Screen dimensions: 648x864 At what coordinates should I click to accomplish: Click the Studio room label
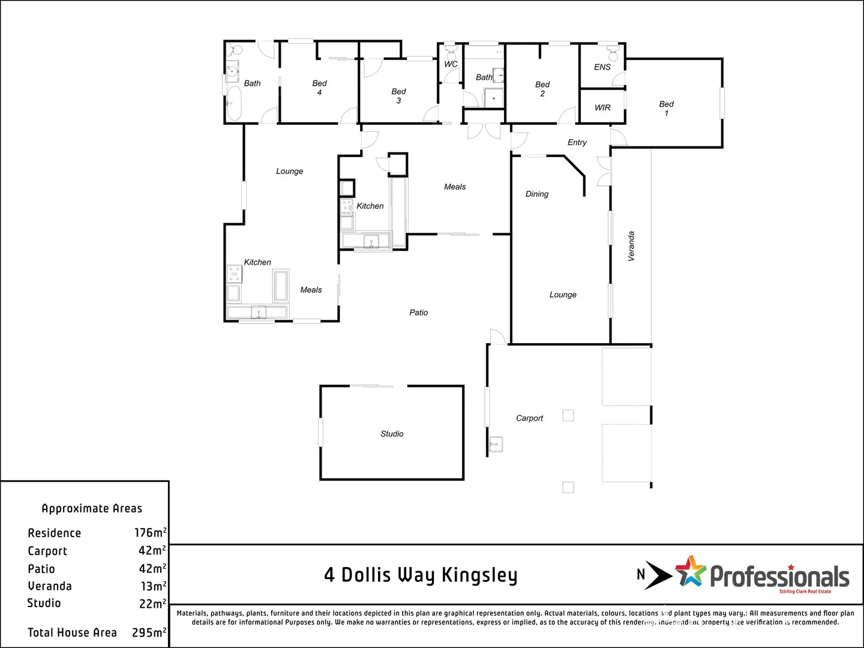pos(392,434)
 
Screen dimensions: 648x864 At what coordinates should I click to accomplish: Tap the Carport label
pos(529,418)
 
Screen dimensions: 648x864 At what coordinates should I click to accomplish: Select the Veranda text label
pos(631,246)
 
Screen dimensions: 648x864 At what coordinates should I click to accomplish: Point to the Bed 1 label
pos(666,109)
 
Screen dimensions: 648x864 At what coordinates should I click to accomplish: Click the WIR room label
pos(602,108)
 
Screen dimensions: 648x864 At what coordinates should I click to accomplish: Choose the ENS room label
pos(602,67)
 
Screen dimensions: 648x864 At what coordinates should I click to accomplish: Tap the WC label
pos(451,64)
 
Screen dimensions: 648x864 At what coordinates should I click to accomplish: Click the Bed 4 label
pos(319,88)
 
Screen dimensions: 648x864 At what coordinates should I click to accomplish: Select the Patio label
pos(418,313)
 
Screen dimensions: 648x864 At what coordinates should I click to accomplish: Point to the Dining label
pos(537,194)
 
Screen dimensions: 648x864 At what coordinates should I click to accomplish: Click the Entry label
pos(577,142)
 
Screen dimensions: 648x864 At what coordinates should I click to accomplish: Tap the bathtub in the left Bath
pos(234,104)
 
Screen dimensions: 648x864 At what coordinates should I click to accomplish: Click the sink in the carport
pos(496,445)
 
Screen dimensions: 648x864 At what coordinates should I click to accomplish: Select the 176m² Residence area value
pos(150,533)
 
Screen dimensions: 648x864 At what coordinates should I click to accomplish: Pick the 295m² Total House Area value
pos(149,632)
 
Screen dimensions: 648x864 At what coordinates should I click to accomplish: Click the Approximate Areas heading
pos(92,508)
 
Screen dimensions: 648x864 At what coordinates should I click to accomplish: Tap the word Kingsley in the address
pos(479,575)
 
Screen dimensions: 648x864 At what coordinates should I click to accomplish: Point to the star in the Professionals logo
pos(691,571)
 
